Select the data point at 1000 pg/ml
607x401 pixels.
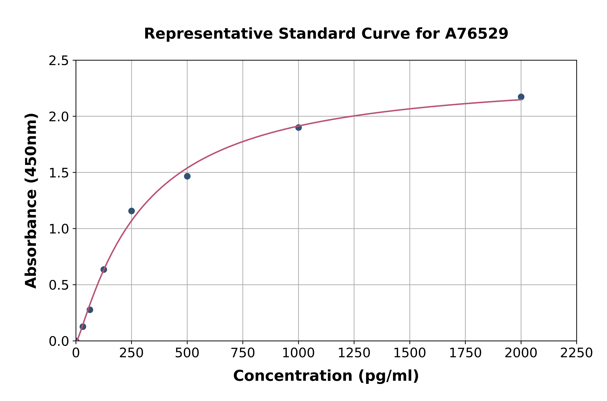coord(298,127)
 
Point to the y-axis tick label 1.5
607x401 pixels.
coord(59,173)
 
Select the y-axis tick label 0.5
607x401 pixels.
coord(59,285)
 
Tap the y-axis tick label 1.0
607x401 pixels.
coord(59,229)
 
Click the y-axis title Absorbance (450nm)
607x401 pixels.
coord(31,201)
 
